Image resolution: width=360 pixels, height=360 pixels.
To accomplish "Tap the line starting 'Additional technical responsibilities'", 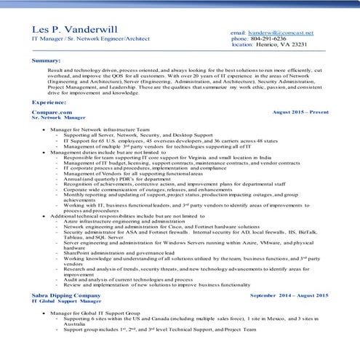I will [116, 217].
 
